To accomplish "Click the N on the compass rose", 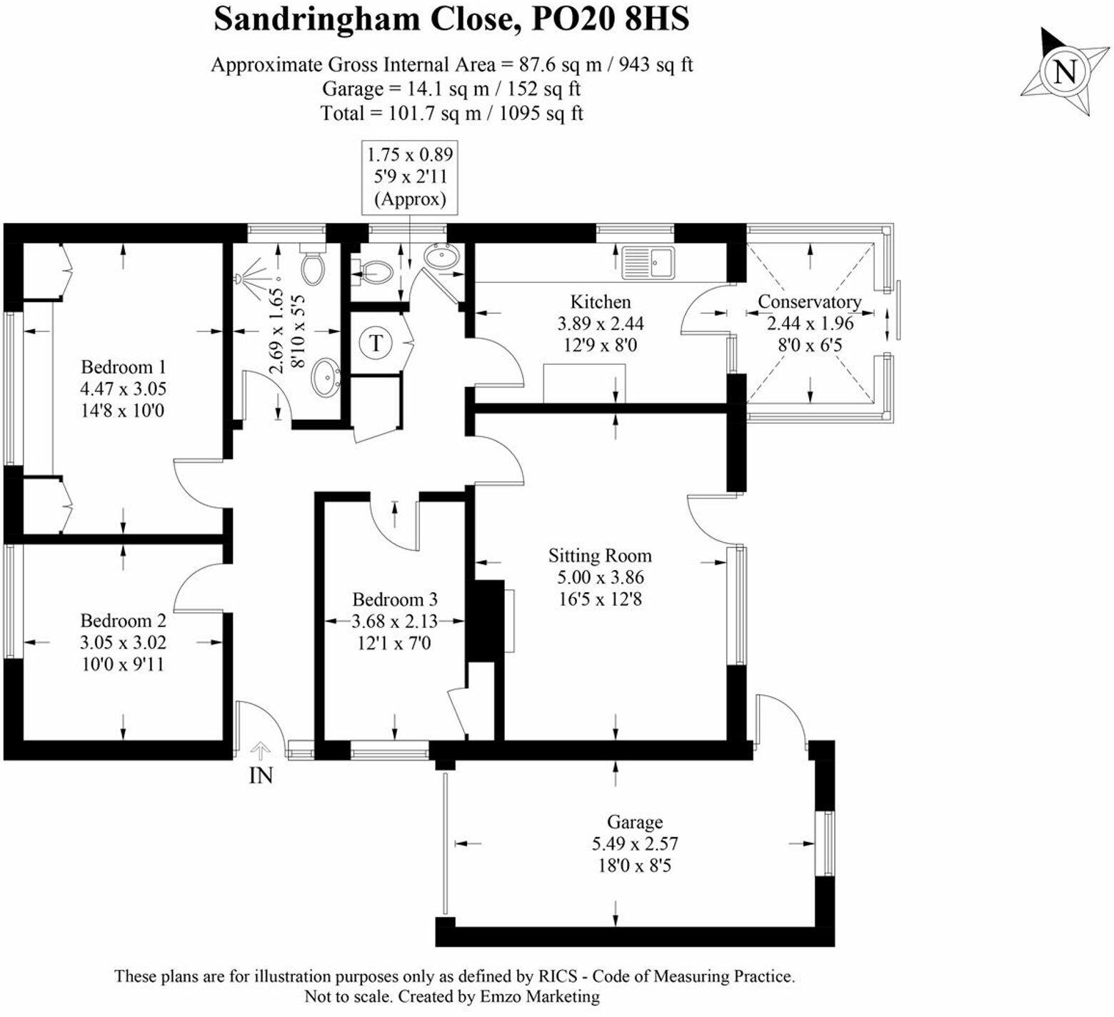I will point(1065,72).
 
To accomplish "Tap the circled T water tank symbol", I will point(376,344).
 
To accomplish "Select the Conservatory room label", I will point(809,301).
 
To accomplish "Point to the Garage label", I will point(634,822).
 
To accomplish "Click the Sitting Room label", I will point(600,556).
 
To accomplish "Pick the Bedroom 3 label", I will point(395,600).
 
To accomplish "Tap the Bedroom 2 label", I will point(123,621).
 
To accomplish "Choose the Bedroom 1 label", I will point(123,367).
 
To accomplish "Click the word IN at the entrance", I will point(261,775).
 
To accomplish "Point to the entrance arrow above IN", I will point(261,751).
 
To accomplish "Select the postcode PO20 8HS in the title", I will point(611,19).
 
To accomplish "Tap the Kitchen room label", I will point(600,301).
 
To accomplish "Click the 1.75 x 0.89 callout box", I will point(410,176).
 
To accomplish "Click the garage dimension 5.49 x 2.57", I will point(634,844).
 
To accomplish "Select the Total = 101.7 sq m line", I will point(452,114).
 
